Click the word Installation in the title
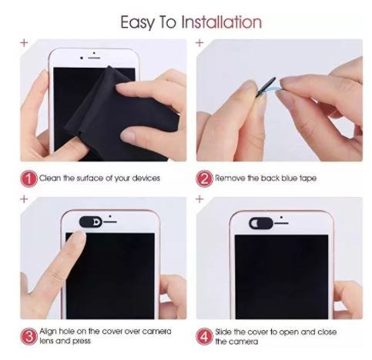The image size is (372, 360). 222,22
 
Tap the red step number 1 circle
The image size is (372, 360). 28,178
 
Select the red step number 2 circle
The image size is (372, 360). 205,178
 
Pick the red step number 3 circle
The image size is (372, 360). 28,336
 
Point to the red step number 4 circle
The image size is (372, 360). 205,336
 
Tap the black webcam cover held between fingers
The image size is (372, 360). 266,87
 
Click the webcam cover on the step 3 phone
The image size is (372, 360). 91,222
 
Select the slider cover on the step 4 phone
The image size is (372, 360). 261,223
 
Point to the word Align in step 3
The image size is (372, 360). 48,332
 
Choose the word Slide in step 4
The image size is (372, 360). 223,332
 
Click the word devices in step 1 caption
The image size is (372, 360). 146,178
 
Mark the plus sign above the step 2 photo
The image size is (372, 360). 199,42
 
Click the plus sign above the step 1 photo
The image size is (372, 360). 24,42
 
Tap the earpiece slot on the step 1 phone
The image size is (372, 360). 94,58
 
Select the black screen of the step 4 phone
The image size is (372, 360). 282,277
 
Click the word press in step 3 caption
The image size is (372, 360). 82,342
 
